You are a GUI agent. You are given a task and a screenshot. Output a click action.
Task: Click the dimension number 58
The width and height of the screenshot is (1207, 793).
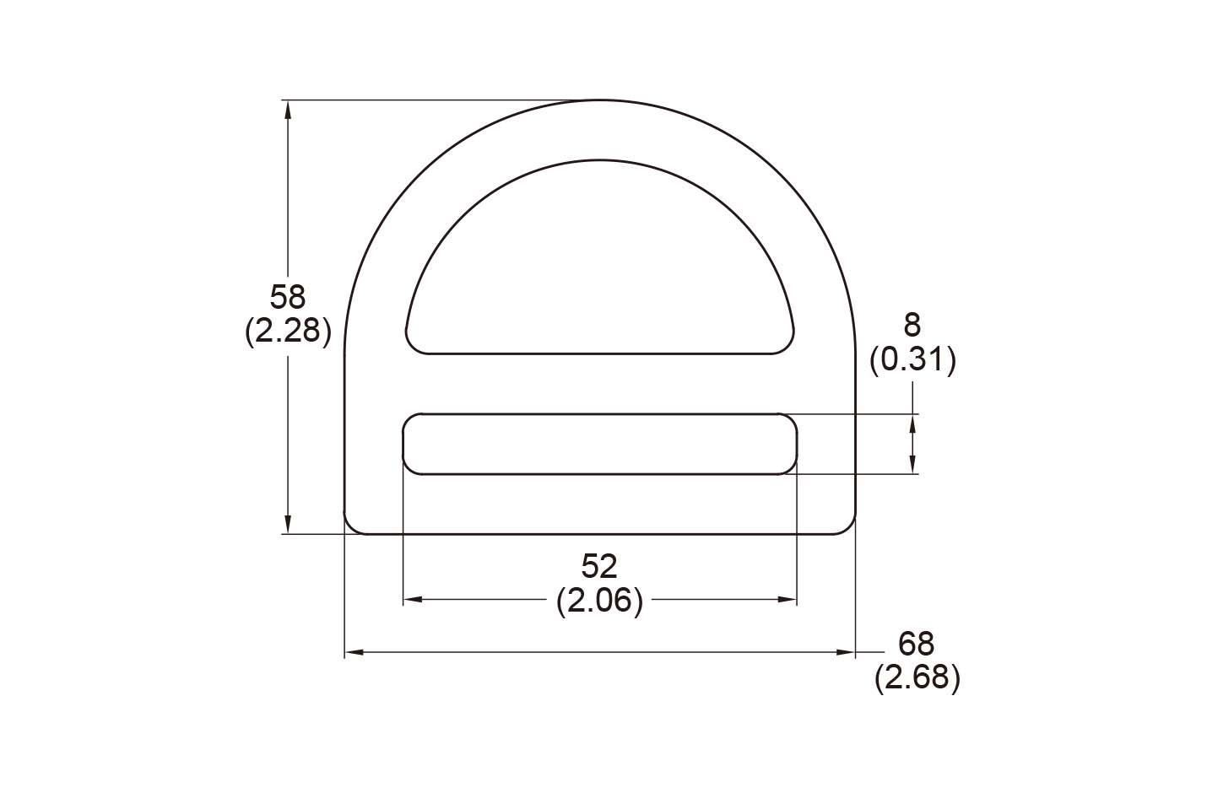coord(287,297)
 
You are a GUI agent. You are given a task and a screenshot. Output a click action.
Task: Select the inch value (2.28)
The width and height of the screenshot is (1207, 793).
coord(287,332)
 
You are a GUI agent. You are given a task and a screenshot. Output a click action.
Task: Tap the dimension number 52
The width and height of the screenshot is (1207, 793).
coord(599,565)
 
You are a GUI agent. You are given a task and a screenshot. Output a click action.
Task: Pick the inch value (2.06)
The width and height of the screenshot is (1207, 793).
coord(599,601)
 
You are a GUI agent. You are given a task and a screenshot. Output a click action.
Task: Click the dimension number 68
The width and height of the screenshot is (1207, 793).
coord(917,645)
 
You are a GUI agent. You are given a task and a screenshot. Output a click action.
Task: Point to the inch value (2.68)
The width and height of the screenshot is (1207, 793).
coord(917,678)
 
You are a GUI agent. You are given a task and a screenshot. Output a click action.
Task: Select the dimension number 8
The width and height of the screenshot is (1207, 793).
coord(912,325)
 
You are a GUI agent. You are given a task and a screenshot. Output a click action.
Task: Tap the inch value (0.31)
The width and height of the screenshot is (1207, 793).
coord(912,360)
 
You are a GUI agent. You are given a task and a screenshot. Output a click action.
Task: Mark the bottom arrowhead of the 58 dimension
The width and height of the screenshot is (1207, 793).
coord(288,526)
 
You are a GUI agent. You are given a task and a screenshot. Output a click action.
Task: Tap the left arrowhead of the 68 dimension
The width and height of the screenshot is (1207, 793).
coord(354,652)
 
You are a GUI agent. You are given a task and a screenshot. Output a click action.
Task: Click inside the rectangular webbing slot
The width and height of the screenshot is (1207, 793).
coord(599,444)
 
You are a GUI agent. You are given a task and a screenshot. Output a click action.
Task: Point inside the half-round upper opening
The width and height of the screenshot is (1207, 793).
coord(599,270)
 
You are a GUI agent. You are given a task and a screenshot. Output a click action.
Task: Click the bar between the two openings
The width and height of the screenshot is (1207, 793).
coord(599,384)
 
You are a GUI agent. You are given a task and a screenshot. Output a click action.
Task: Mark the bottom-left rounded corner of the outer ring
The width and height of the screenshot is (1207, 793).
coord(352,526)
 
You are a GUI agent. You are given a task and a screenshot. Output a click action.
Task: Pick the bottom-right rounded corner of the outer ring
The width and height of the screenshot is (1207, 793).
coord(847,526)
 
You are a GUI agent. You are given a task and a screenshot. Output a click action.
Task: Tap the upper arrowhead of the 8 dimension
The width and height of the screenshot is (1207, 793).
coord(912,422)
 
